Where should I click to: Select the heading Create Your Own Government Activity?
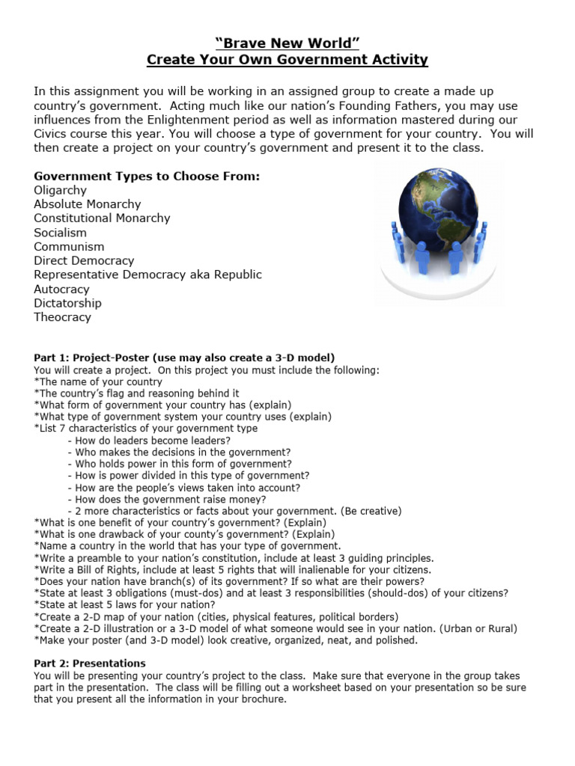[287, 59]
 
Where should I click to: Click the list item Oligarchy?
[60, 190]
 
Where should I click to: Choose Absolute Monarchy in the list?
[87, 204]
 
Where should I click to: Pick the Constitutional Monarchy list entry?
[102, 218]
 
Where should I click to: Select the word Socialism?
[60, 233]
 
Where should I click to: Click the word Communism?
[69, 247]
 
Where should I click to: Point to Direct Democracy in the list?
[84, 261]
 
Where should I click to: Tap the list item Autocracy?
[61, 289]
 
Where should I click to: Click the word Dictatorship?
[67, 303]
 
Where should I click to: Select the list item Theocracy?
[62, 317]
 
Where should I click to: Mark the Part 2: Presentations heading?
[90, 664]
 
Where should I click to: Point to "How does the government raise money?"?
[171, 499]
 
